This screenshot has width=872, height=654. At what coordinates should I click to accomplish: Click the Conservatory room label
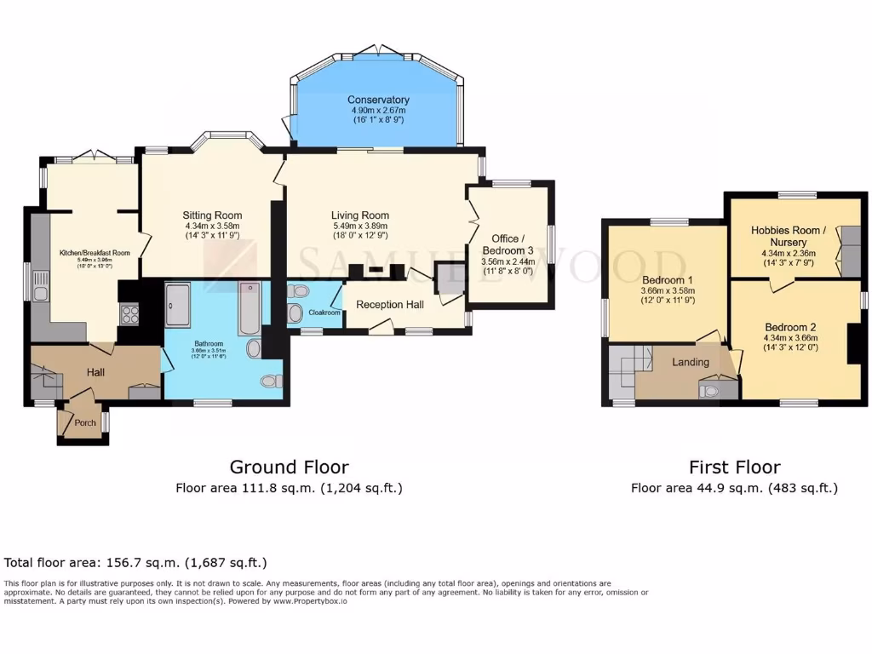click(x=379, y=100)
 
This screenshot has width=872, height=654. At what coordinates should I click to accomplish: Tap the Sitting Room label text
click(x=212, y=215)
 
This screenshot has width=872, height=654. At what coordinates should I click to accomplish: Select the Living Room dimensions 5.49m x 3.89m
click(x=360, y=226)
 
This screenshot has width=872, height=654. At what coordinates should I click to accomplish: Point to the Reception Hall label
click(x=389, y=304)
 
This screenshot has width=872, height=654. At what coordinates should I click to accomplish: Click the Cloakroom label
click(x=324, y=313)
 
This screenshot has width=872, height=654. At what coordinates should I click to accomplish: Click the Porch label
click(x=85, y=422)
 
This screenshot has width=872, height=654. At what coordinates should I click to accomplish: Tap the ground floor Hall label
click(x=96, y=372)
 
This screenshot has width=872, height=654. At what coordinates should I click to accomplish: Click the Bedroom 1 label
click(x=663, y=280)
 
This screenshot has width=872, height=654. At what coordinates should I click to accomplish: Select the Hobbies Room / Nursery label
click(x=789, y=236)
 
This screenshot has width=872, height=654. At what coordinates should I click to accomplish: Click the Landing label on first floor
click(x=690, y=362)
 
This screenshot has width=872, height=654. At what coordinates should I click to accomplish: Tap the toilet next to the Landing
click(x=709, y=390)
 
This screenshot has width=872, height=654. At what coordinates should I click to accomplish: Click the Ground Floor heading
click(x=289, y=467)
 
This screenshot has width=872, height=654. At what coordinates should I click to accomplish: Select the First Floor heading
click(x=734, y=467)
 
